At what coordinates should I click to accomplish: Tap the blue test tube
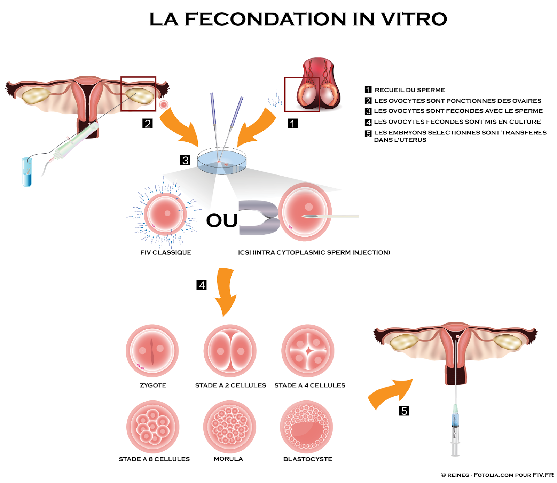coord(27,172)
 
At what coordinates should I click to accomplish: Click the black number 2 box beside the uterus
coord(148,123)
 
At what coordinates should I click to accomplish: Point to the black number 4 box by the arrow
coord(202,285)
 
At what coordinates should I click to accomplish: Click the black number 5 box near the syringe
coord(404,411)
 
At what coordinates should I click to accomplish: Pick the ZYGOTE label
coord(153,385)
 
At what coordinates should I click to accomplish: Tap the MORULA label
coord(228,459)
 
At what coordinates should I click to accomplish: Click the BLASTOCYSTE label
coord(308,459)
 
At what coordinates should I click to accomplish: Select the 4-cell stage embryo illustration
coord(308,351)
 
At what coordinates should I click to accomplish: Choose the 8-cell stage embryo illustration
coord(153,427)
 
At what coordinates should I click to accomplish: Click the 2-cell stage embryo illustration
coord(230,351)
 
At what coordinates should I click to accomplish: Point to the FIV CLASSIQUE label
coord(166,252)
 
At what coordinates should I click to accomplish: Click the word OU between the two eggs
coord(222,220)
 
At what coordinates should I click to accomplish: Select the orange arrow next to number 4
coord(226,291)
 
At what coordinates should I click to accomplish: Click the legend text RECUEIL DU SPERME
coord(410,90)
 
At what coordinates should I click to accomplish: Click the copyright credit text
coord(497,475)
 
